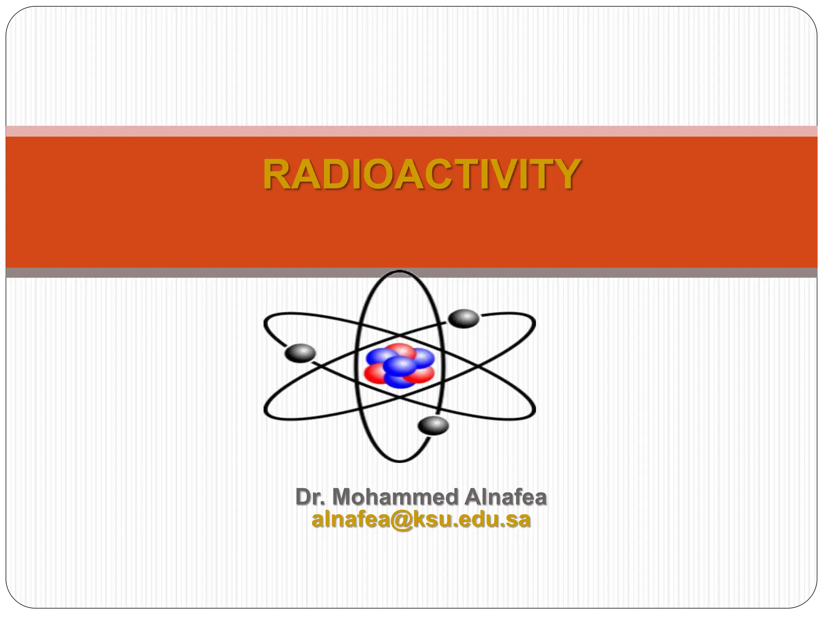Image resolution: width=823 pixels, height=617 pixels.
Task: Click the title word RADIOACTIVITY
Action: click(x=421, y=175)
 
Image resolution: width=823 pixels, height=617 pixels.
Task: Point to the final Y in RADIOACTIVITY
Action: click(x=566, y=175)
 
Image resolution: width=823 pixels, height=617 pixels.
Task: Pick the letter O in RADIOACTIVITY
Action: click(x=373, y=175)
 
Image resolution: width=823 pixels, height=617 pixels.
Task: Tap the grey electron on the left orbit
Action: click(x=300, y=353)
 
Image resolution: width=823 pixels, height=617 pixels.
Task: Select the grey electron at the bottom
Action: click(x=433, y=425)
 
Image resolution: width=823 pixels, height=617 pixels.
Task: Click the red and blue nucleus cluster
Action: click(x=400, y=366)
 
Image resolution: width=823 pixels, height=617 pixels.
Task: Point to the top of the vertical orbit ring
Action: click(x=400, y=272)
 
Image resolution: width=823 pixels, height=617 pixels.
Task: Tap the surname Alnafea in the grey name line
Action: click(x=506, y=497)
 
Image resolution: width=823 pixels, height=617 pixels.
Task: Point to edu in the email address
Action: click(x=481, y=519)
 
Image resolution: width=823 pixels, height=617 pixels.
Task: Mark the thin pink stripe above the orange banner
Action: click(x=411, y=131)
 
